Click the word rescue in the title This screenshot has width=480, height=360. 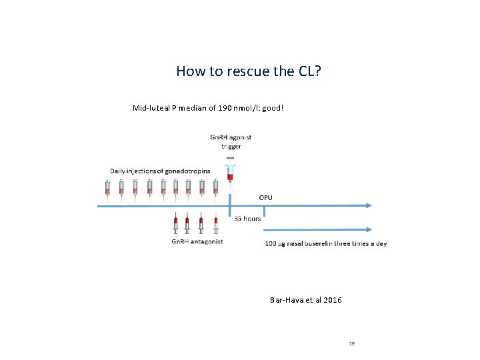tap(247, 71)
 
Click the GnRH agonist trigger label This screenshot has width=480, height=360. tap(230, 142)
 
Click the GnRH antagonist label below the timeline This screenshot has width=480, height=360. tap(197, 241)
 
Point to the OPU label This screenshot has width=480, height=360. tap(265, 197)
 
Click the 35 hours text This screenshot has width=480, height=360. tap(247, 218)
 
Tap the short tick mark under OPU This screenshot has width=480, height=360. tap(265, 211)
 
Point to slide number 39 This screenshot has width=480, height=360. tap(351, 343)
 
